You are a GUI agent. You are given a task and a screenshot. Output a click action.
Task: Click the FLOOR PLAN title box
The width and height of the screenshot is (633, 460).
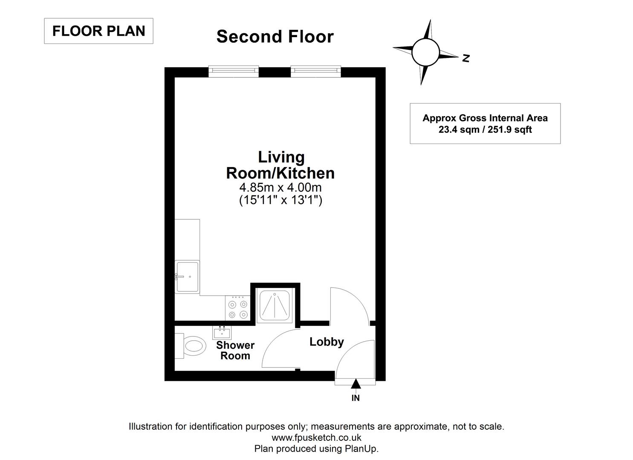[98, 31]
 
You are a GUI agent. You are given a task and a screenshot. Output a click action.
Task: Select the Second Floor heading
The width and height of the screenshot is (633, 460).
[275, 37]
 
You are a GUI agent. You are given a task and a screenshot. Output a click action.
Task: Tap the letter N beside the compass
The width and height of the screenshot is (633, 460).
[466, 58]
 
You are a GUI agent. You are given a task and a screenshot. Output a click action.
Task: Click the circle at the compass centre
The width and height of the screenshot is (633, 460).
[425, 52]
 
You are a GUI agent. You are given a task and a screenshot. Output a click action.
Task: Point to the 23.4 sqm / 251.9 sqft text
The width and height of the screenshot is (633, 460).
[485, 129]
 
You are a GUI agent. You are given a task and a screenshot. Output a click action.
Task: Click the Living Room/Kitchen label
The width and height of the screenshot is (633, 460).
[280, 165]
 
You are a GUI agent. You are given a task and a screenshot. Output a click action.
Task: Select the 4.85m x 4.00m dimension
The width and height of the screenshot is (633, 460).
[280, 187]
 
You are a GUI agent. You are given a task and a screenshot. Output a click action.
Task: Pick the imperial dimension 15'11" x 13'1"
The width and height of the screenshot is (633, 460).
[280, 200]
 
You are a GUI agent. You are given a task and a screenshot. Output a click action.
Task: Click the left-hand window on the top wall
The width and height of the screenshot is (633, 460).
[234, 72]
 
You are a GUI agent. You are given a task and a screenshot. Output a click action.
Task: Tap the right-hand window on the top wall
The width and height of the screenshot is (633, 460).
[315, 72]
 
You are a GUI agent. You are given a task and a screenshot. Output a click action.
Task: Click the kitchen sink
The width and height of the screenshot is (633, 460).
[187, 277]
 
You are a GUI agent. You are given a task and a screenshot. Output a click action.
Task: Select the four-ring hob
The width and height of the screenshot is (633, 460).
[238, 309]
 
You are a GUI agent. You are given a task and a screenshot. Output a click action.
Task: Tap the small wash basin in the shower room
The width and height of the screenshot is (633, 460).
[222, 332]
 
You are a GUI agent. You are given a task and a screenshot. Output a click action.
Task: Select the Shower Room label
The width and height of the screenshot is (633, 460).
[235, 351]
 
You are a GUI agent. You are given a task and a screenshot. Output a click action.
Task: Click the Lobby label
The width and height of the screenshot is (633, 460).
[327, 342]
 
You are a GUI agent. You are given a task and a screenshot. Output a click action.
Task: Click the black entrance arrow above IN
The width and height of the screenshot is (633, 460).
[356, 384]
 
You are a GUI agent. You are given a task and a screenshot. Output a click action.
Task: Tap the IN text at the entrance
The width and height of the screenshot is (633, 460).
[356, 398]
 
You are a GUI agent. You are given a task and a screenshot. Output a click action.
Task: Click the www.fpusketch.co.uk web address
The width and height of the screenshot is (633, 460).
[316, 437]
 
